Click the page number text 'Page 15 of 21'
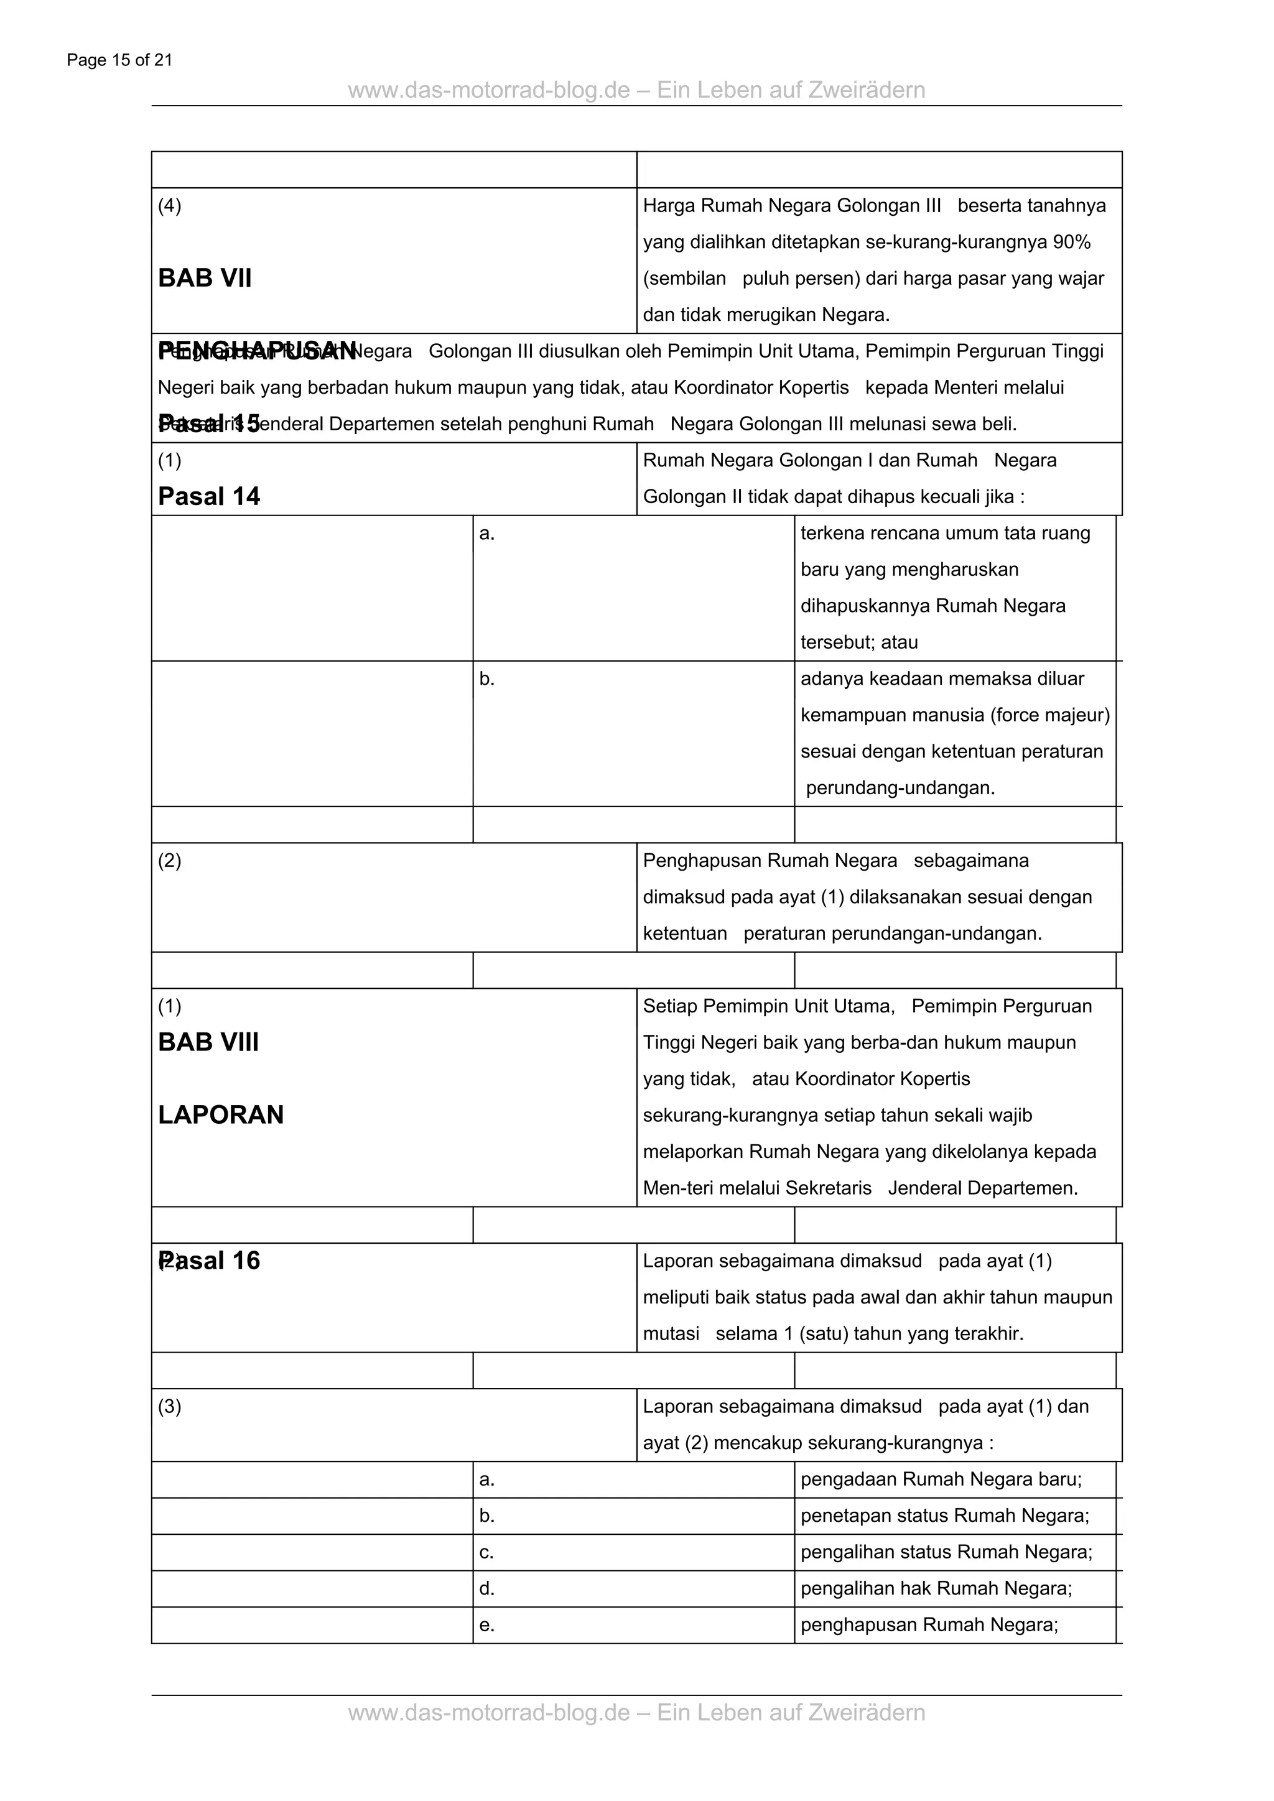pyautogui.click(x=119, y=60)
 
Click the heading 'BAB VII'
pyautogui.click(x=205, y=279)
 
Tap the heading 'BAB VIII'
pyautogui.click(x=208, y=1042)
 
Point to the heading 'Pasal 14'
pyautogui.click(x=208, y=496)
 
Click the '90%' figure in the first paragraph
pyautogui.click(x=1072, y=243)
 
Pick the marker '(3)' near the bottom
pyautogui.click(x=169, y=1407)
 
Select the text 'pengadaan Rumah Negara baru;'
pyautogui.click(x=941, y=1479)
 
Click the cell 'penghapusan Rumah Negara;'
pyautogui.click(x=929, y=1624)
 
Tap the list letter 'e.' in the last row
pyautogui.click(x=486, y=1625)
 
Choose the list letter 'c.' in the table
pyautogui.click(x=486, y=1552)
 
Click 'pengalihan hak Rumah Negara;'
pyautogui.click(x=936, y=1588)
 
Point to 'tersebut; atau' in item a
pyautogui.click(x=859, y=642)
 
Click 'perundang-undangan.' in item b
pyautogui.click(x=900, y=789)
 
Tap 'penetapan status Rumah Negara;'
pyautogui.click(x=944, y=1516)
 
